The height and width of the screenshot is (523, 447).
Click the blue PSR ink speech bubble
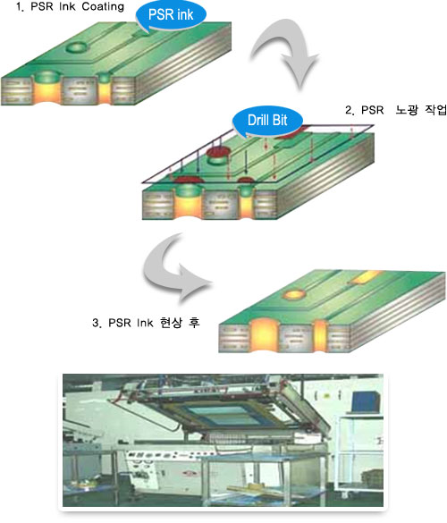[171, 15]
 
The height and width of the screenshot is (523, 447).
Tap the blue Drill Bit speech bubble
[267, 121]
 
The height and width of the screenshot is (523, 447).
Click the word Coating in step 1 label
[103, 7]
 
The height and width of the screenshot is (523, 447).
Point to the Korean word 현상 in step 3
[171, 323]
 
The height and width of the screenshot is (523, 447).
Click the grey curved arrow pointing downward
[286, 53]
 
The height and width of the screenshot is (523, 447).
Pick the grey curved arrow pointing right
[178, 267]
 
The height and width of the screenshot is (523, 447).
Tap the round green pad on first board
[78, 46]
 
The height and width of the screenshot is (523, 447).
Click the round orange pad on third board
[294, 294]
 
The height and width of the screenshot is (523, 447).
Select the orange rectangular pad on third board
[367, 277]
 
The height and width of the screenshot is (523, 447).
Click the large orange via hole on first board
[47, 91]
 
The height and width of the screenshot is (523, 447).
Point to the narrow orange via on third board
[319, 335]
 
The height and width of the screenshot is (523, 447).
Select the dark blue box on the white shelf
[364, 401]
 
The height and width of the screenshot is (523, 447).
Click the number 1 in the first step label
[20, 7]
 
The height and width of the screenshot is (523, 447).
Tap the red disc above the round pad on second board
[219, 152]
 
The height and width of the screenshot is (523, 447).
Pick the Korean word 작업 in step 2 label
[435, 110]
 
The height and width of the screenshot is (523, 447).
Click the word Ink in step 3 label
[145, 323]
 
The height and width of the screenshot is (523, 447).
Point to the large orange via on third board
[265, 335]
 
